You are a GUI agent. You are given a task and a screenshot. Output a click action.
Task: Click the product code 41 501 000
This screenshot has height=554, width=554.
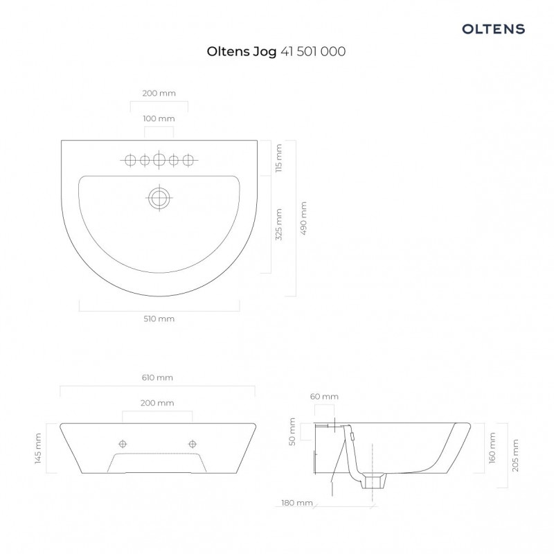[x=313, y=51]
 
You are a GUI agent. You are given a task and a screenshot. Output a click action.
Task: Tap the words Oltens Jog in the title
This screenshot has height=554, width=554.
[x=242, y=51]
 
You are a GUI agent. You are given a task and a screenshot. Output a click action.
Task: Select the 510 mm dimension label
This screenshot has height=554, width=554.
[x=159, y=319]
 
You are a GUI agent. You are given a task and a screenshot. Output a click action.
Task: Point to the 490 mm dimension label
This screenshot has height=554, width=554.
[x=304, y=219]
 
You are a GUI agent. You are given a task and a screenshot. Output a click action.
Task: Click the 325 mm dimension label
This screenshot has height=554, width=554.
[x=278, y=224]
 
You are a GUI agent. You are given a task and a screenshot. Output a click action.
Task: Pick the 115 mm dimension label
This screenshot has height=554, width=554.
[x=278, y=158]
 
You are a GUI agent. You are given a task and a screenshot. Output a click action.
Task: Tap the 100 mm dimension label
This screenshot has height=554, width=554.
[x=159, y=118]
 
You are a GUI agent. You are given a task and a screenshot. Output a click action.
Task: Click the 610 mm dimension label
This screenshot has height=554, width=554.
[x=157, y=377]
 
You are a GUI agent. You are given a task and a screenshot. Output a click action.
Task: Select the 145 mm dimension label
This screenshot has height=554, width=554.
[x=39, y=447]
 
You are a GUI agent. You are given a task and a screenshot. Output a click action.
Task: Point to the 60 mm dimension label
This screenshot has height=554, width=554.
[x=324, y=396]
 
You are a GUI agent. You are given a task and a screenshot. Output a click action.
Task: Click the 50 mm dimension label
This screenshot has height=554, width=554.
[x=293, y=431]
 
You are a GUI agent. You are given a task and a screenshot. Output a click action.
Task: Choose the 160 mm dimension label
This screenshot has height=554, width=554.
[x=492, y=447]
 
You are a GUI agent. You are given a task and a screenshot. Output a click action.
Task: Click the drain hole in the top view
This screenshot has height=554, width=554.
[x=159, y=197]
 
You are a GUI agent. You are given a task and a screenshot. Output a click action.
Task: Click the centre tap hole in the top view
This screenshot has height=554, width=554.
[x=159, y=161]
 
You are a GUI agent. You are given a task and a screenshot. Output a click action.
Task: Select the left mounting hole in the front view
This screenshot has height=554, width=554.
[x=123, y=443]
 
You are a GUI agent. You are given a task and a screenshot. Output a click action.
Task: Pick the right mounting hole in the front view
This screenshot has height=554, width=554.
[x=192, y=443]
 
